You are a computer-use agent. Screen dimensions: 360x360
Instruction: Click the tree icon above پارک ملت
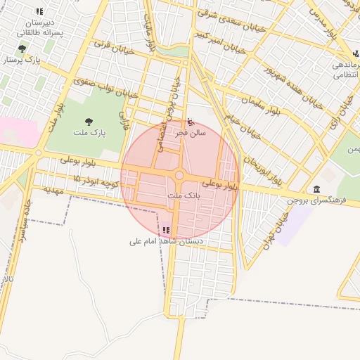click(89, 122)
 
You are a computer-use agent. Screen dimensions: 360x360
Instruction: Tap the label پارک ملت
click(89, 132)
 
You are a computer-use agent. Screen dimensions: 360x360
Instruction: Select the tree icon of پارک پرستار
click(22, 49)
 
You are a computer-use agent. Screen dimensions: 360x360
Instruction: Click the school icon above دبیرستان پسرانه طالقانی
click(39, 12)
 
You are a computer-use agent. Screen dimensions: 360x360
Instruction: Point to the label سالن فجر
click(191, 131)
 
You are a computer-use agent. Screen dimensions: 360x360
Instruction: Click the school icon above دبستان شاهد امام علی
click(166, 231)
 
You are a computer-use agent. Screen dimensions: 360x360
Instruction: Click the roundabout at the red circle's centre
click(179, 175)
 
